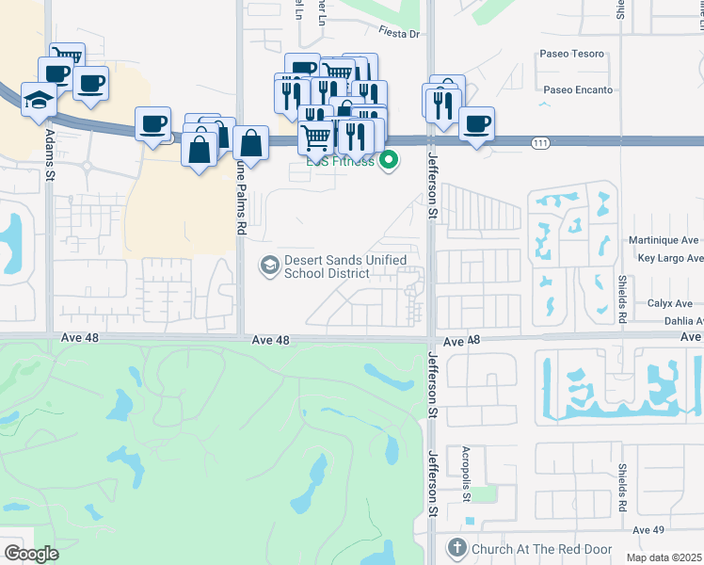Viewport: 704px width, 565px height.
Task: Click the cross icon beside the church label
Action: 456,547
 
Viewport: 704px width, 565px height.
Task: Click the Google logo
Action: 31,554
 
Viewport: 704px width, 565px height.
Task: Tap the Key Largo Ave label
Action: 670,258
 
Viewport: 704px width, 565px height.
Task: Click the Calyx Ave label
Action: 676,303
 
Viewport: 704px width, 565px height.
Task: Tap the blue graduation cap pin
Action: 39,102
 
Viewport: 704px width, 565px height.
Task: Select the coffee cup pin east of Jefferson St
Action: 476,123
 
